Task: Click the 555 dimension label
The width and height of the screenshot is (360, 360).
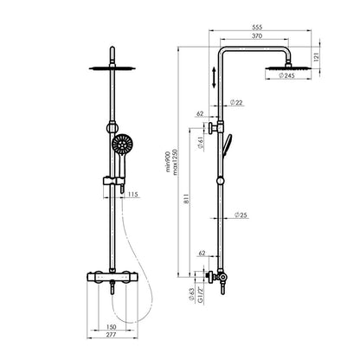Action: tap(257, 27)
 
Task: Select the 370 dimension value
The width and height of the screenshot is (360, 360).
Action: tap(257, 36)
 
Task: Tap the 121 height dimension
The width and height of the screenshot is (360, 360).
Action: tap(316, 57)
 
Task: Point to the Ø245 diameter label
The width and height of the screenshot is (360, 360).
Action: tap(287, 76)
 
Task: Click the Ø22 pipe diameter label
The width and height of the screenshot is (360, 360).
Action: tap(236, 102)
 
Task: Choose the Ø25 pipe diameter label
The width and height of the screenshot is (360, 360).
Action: tap(241, 215)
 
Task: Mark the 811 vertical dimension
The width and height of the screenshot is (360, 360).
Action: tap(186, 199)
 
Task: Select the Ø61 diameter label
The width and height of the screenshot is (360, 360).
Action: tap(201, 143)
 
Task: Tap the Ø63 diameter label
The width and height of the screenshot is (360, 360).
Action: tap(191, 294)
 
